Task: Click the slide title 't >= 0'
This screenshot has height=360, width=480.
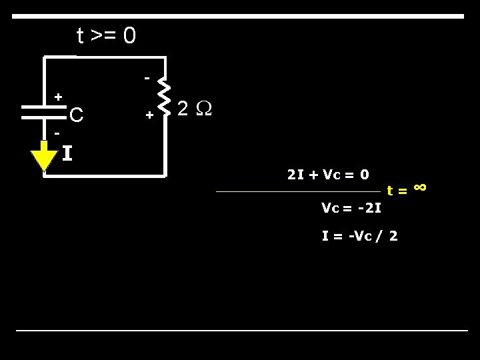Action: pos(107,35)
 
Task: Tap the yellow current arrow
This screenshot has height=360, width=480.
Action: pos(44,157)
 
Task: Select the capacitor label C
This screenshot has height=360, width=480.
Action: pos(77,116)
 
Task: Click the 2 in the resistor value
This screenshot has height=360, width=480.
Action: pos(183,109)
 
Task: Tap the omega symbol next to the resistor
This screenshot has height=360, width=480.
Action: pos(203,109)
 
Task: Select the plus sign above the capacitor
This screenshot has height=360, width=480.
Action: pos(59,97)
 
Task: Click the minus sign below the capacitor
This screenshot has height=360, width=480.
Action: pos(57,133)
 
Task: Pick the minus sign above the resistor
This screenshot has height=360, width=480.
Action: pos(147,79)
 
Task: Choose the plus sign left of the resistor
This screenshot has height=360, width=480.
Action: pos(149,115)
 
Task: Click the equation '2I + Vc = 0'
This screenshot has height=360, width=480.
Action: pos(328,175)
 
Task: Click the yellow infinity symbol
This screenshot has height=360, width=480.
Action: pos(419,187)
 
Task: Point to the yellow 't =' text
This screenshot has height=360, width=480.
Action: pos(398,192)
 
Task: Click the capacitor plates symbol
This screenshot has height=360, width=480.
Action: pos(44,112)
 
